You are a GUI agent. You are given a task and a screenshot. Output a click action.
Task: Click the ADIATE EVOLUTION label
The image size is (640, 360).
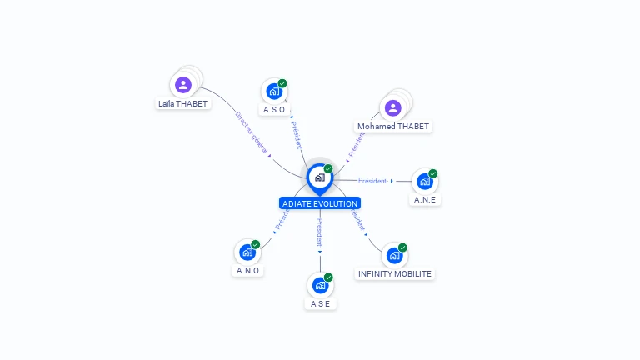click(x=320, y=203)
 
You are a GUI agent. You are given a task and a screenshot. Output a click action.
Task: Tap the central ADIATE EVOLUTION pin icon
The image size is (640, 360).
click(x=319, y=177)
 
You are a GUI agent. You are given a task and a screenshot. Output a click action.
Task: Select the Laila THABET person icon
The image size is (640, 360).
click(x=183, y=84)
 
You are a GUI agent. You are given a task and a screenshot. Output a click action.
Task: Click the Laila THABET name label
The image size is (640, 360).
click(x=183, y=104)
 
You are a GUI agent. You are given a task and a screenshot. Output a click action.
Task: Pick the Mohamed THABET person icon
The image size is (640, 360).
click(x=392, y=107)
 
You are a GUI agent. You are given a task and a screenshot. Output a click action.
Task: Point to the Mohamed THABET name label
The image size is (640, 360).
click(x=393, y=127)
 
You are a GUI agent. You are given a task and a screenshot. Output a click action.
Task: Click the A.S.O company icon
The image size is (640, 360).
click(x=273, y=91)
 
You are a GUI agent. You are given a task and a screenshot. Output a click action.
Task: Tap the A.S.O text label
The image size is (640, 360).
click(x=274, y=110)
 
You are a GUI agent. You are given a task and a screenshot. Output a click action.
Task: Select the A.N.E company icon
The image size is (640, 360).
click(x=424, y=181)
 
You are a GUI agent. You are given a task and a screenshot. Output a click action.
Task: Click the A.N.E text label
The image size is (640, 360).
click(x=425, y=200)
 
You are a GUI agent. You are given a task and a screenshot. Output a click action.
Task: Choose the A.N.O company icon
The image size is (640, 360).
click(x=247, y=252)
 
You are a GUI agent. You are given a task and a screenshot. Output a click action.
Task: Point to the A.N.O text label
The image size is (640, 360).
click(x=247, y=271)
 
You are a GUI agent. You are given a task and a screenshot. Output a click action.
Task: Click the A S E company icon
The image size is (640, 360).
click(x=320, y=285)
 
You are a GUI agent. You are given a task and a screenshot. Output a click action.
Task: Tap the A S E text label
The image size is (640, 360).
click(x=321, y=304)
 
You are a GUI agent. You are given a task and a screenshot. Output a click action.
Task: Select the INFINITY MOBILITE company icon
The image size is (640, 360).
click(x=394, y=255)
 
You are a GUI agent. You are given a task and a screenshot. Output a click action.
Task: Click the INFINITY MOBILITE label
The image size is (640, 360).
click(x=395, y=274)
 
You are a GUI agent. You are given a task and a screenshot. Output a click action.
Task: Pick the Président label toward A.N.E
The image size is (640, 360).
click(x=372, y=181)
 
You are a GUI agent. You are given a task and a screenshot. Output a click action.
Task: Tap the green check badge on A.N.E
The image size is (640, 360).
click(x=433, y=173)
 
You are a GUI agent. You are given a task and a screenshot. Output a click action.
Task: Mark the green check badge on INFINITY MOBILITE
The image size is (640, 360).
click(x=402, y=247)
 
